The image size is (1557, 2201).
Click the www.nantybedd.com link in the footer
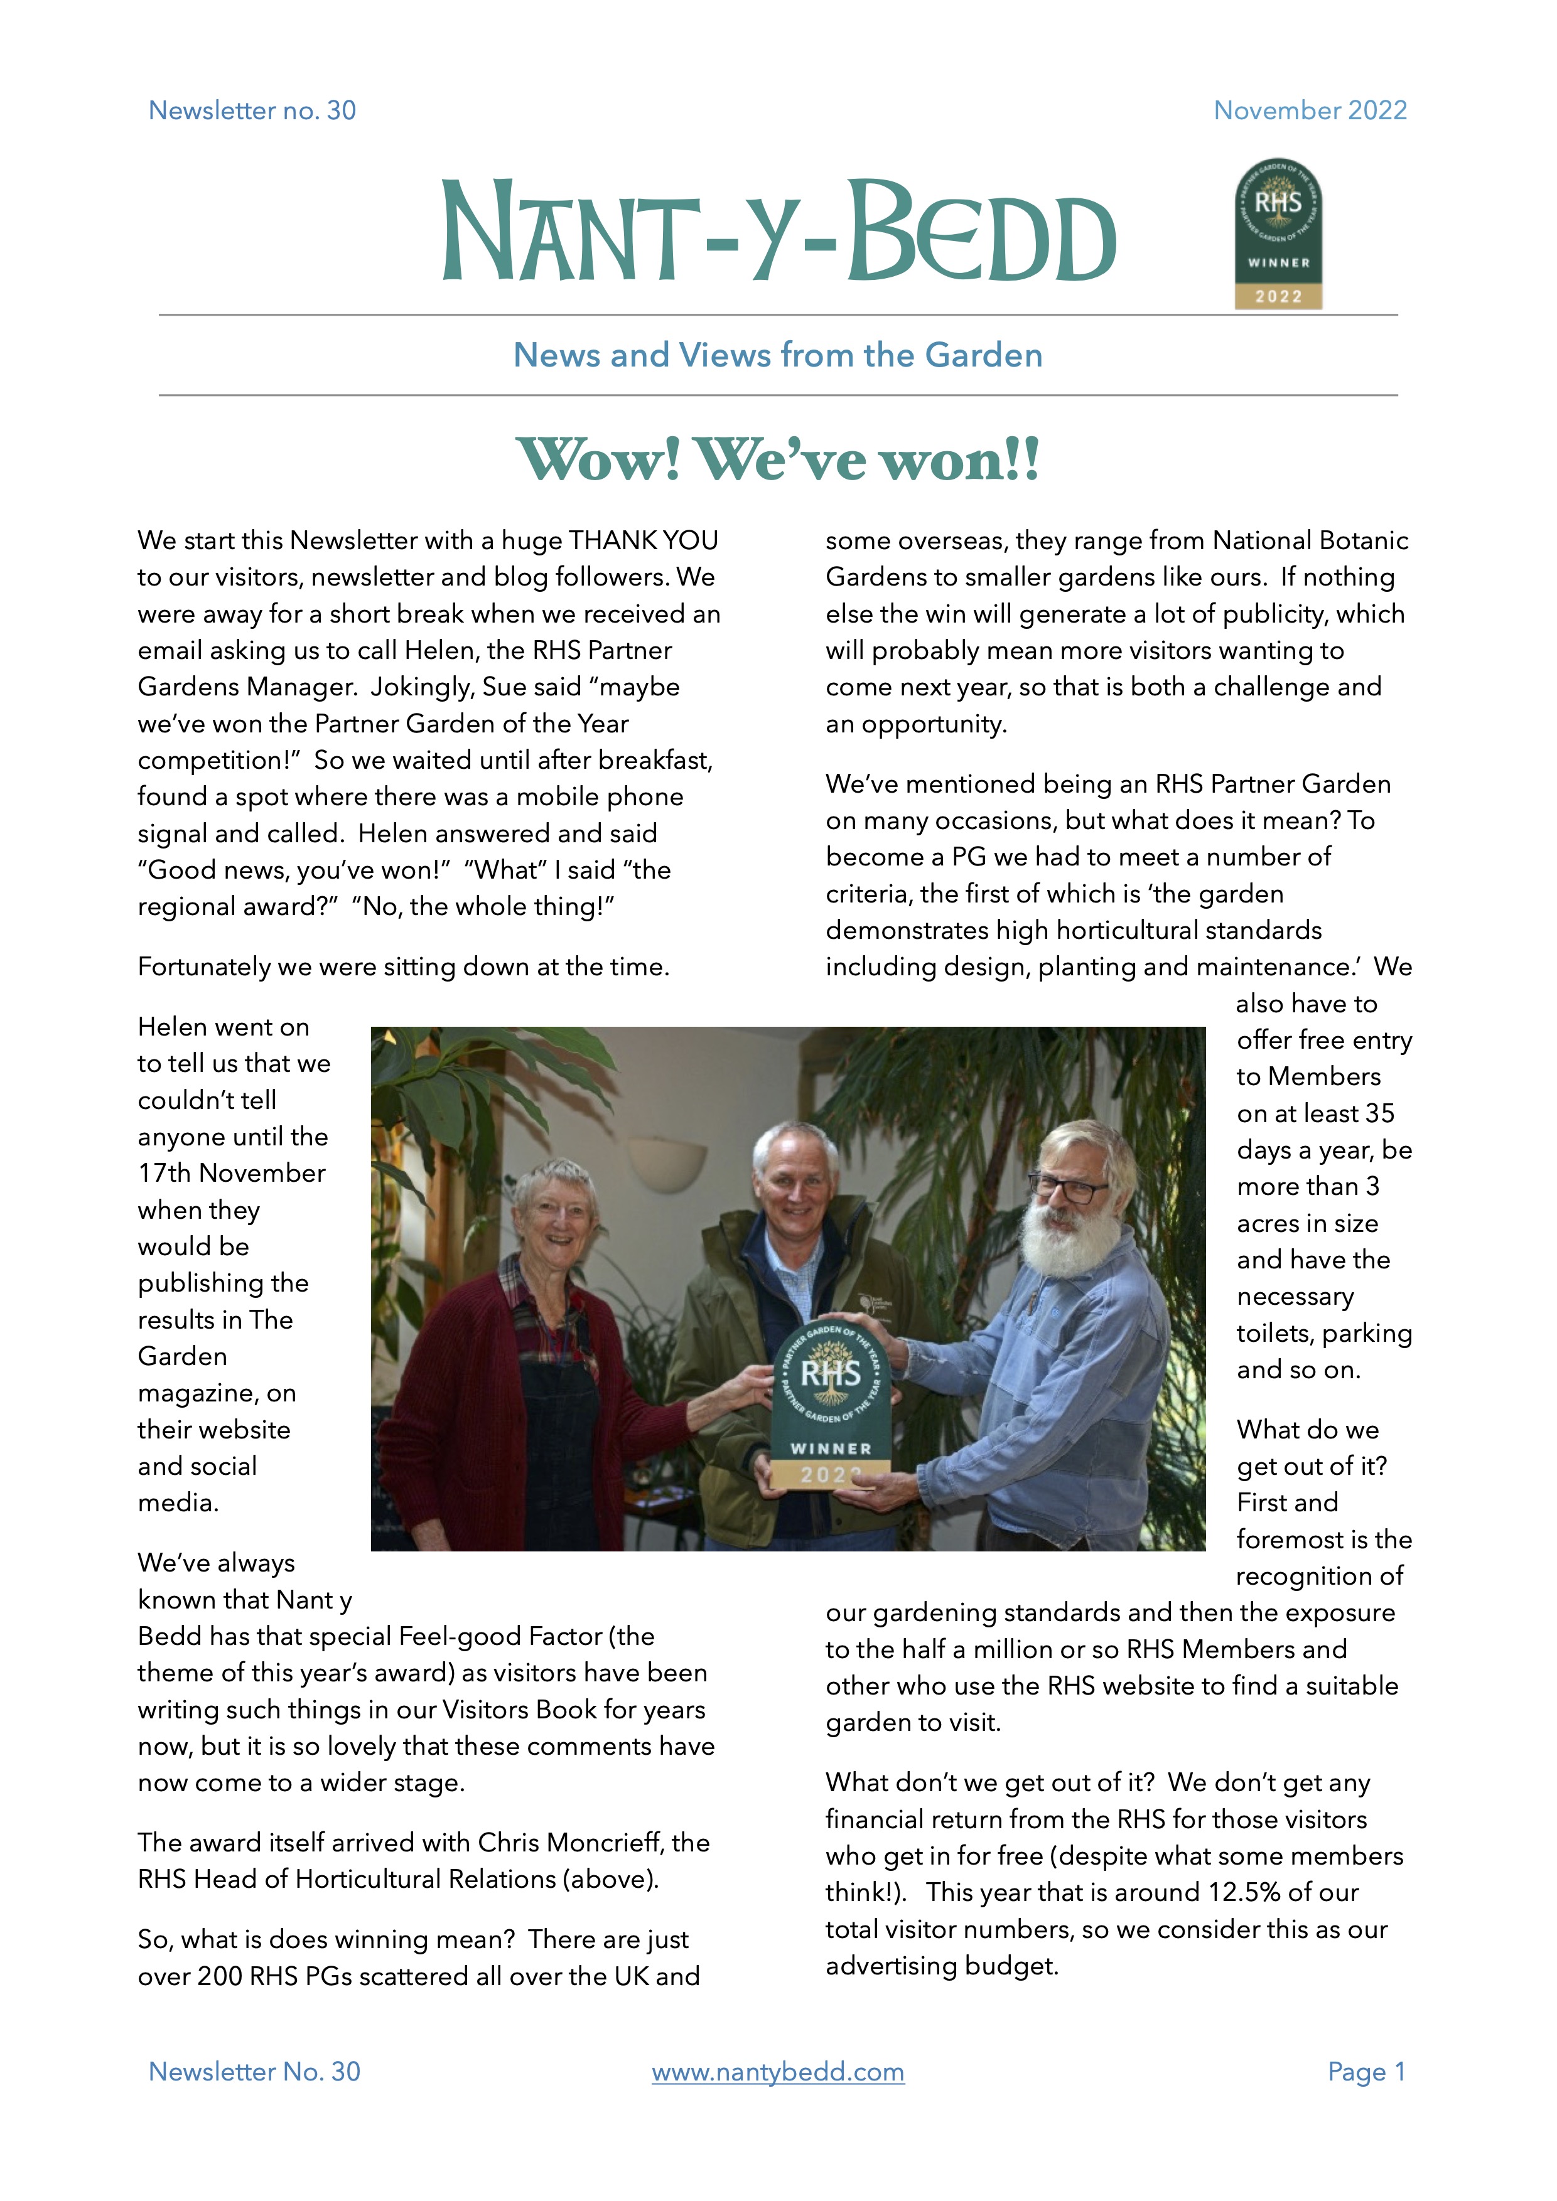pyautogui.click(x=777, y=2072)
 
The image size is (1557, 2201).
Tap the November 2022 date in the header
pyautogui.click(x=1310, y=110)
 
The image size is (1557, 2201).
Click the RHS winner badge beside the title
pyautogui.click(x=1278, y=234)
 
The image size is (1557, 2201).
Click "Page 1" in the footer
pyautogui.click(x=1366, y=2072)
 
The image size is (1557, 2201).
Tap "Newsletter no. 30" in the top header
pyautogui.click(x=252, y=110)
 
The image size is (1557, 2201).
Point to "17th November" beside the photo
pyautogui.click(x=231, y=1174)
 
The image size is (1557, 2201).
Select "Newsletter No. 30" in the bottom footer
pyautogui.click(x=254, y=2072)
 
